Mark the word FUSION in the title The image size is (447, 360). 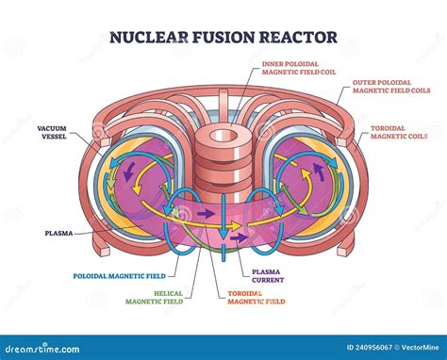pyautogui.click(x=223, y=41)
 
